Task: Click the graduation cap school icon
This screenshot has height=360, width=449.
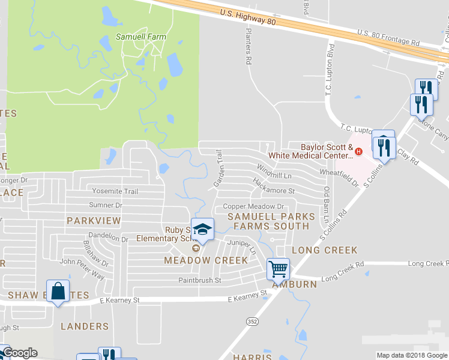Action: point(203,229)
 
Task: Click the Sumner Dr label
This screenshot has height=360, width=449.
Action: point(106,205)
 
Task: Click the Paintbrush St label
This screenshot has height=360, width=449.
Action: point(199,280)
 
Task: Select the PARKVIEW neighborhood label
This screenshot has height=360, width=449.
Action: point(94,221)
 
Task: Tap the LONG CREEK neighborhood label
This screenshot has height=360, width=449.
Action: point(324,250)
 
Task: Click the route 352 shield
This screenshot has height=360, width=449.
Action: point(249,322)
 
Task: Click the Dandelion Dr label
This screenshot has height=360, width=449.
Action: point(108,238)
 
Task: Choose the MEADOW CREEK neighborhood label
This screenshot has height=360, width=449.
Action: point(206,260)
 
